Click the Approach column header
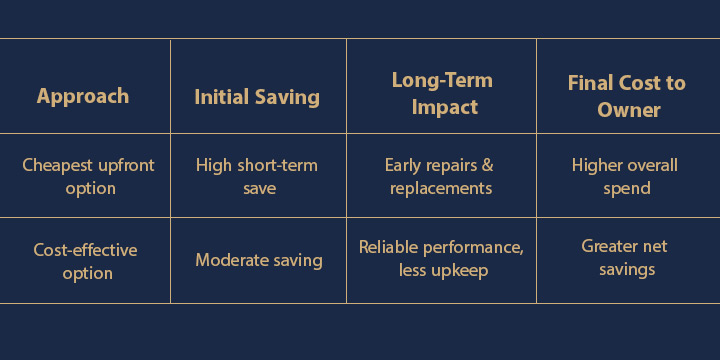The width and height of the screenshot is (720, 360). coord(83,97)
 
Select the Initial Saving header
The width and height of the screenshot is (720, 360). coord(257,97)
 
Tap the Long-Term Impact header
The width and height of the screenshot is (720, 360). coord(441,93)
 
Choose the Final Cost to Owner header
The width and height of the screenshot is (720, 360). coord(628,96)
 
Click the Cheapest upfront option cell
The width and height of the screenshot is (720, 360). coord(88,176)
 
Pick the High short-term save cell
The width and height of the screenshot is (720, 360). coord(258,176)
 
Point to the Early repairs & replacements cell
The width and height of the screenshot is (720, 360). coord(441,176)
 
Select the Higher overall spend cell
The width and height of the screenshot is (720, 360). coord(626,176)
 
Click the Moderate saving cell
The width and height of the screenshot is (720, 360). coord(258,260)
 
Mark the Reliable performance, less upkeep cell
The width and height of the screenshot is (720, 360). coord(441,259)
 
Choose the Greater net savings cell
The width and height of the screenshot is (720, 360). coord(625,258)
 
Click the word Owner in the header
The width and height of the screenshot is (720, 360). coord(628,110)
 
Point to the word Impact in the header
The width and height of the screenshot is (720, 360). coord(441,107)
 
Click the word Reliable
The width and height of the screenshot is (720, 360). coord(389,247)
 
